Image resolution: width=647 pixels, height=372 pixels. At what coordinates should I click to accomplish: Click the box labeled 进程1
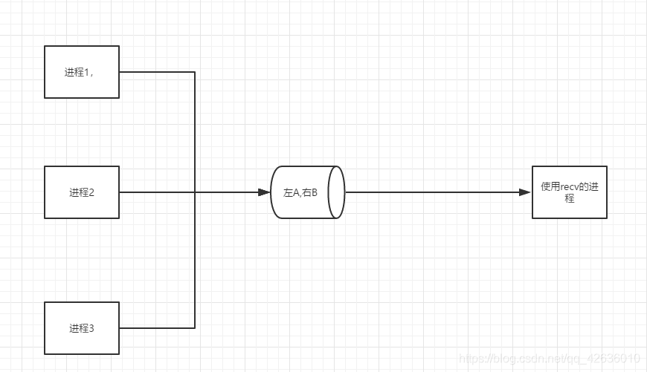pyautogui.click(x=82, y=72)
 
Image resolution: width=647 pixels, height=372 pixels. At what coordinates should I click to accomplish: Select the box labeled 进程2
pyautogui.click(x=82, y=192)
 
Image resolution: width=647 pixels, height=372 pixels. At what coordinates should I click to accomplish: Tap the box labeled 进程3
pyautogui.click(x=82, y=327)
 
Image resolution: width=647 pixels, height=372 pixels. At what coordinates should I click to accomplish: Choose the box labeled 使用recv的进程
pyautogui.click(x=569, y=192)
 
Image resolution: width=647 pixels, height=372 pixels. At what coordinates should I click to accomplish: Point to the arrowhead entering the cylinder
pyautogui.click(x=264, y=192)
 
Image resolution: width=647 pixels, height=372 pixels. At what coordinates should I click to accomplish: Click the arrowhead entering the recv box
pyautogui.click(x=525, y=192)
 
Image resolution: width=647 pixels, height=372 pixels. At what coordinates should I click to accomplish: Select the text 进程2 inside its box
pyautogui.click(x=82, y=192)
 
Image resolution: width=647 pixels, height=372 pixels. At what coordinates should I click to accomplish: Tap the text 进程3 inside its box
pyautogui.click(x=82, y=327)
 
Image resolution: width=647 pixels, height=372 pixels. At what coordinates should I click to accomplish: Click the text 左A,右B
pyautogui.click(x=300, y=192)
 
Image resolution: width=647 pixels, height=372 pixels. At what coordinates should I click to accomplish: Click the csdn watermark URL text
pyautogui.click(x=550, y=359)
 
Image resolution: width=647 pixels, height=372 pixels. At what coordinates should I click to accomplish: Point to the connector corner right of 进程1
pyautogui.click(x=195, y=72)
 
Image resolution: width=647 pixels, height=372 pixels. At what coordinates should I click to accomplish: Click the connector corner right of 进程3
pyautogui.click(x=195, y=327)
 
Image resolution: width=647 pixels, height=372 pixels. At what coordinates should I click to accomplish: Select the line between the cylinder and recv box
pyautogui.click(x=431, y=192)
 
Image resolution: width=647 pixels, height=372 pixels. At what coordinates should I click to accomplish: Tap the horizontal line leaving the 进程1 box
pyautogui.click(x=156, y=72)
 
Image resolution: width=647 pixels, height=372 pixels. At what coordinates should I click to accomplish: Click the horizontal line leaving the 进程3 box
pyautogui.click(x=156, y=327)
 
